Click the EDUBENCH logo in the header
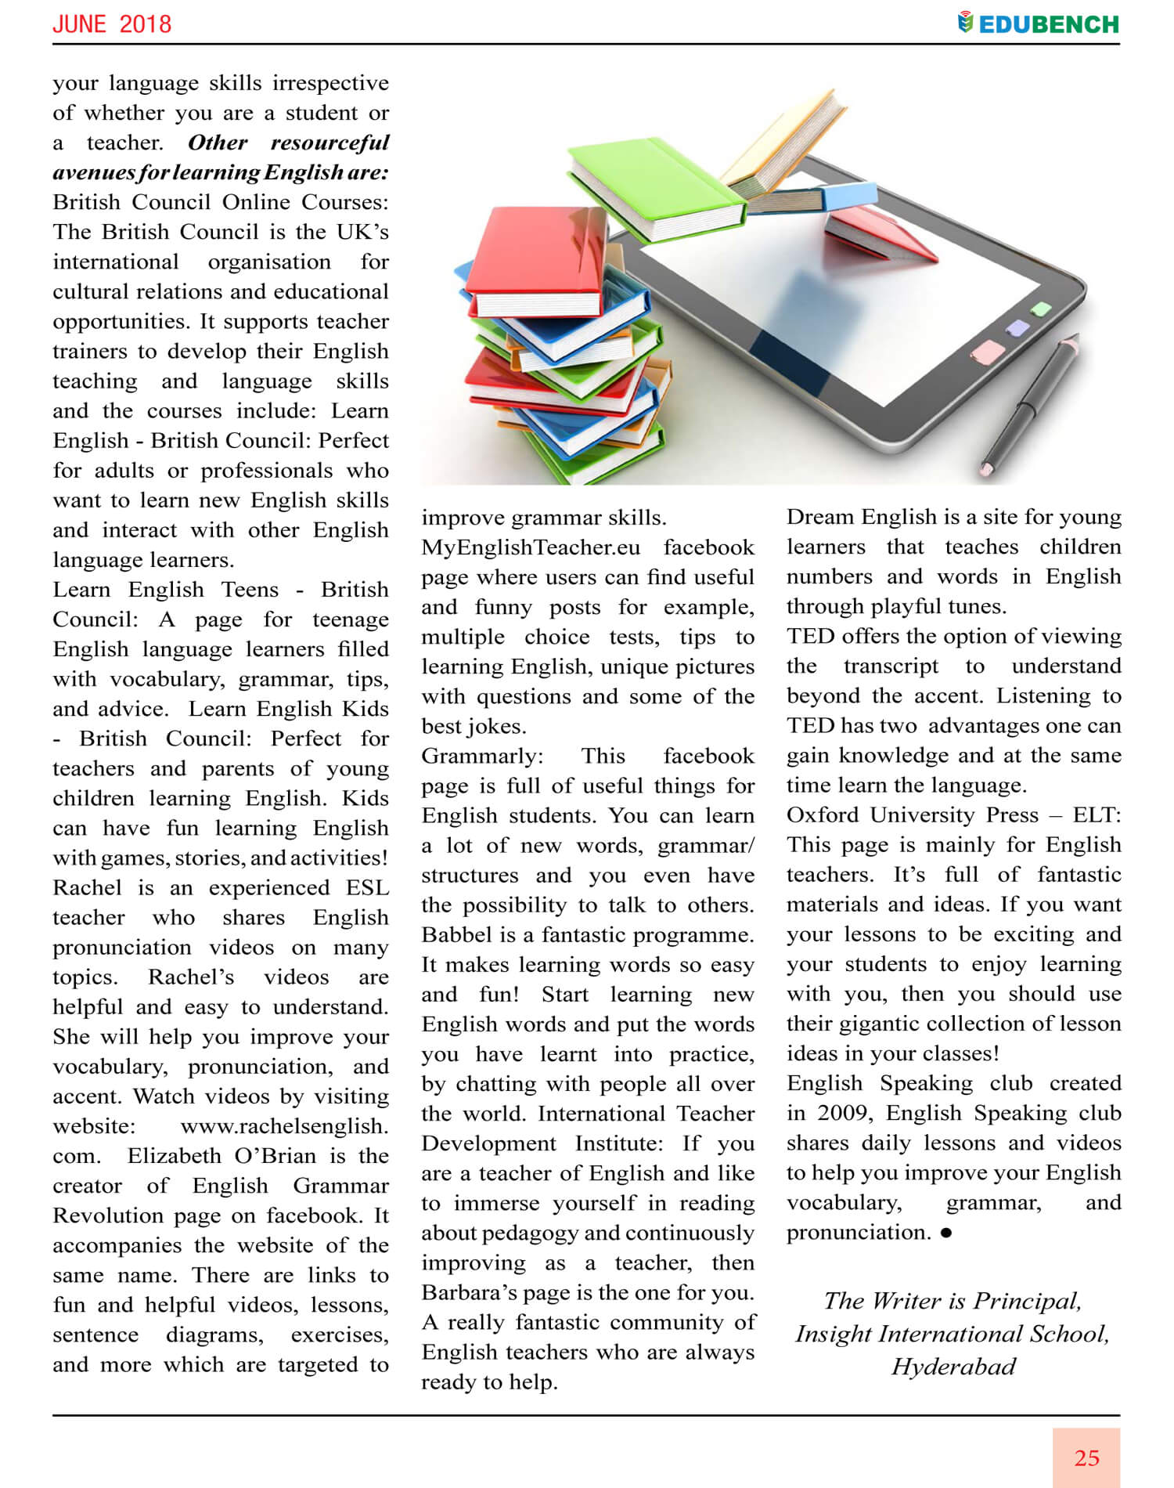point(1039,23)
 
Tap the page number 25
point(1086,1457)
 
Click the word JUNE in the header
point(79,23)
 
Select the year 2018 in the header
point(146,23)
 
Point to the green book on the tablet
point(657,188)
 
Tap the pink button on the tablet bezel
point(987,351)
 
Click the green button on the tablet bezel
point(1041,309)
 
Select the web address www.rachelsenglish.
point(284,1126)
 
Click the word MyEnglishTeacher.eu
point(531,547)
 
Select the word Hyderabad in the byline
point(953,1367)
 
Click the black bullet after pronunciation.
point(946,1233)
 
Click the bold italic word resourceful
point(330,143)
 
